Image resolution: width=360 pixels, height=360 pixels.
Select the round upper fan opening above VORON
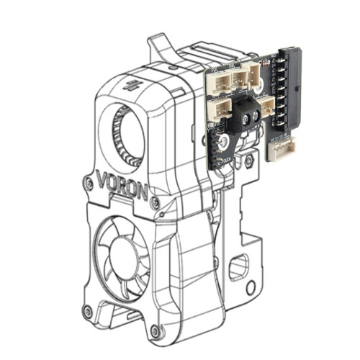tap(130, 130)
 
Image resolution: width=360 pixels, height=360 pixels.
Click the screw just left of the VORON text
tap(88, 183)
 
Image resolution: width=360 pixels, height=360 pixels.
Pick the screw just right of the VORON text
tap(153, 204)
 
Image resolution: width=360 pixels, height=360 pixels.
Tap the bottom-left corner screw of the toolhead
tap(88, 311)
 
